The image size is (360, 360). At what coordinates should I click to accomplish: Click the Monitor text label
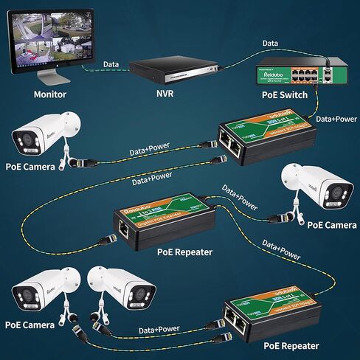(x=49, y=94)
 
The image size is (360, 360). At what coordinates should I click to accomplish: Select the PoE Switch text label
(x=285, y=94)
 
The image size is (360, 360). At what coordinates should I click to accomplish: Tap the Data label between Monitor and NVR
(x=112, y=65)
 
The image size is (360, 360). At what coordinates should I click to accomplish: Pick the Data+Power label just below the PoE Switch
(x=336, y=118)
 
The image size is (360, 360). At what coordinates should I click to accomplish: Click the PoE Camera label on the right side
(x=331, y=224)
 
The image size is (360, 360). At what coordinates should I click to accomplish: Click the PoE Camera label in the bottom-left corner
(x=30, y=323)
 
